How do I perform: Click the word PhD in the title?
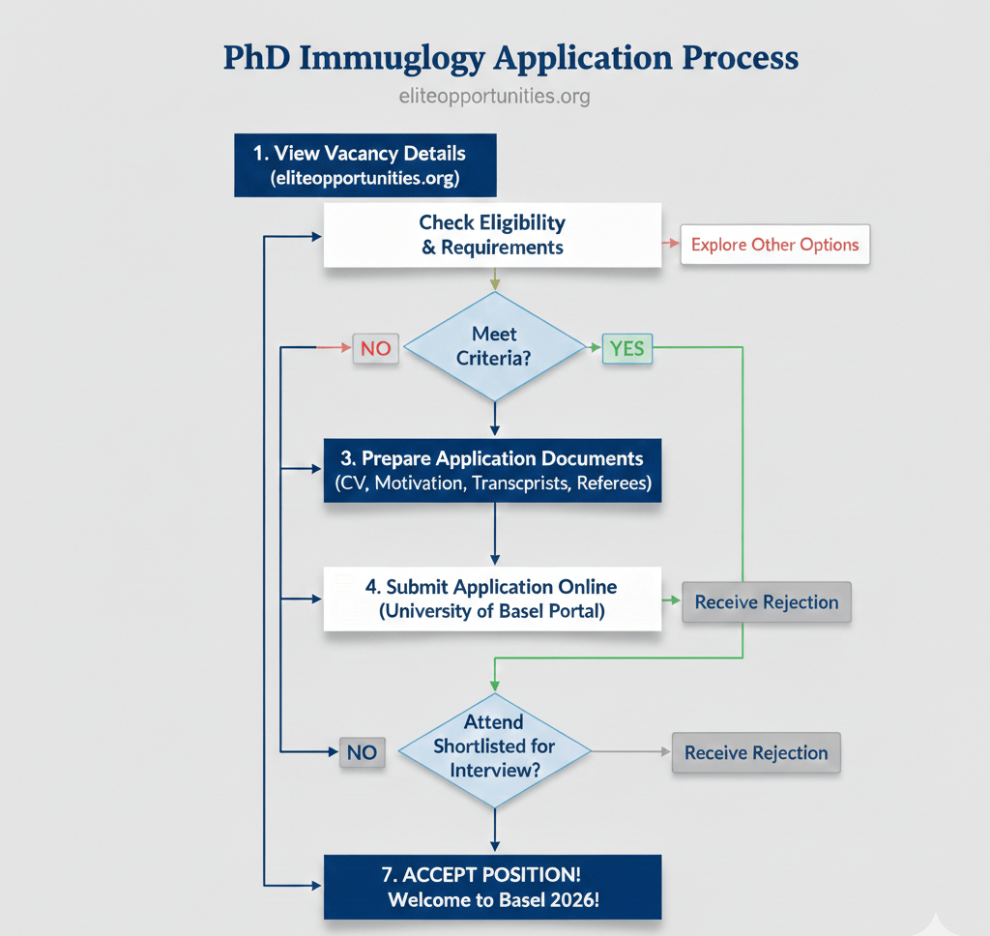(x=256, y=58)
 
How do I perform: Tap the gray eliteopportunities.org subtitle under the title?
(x=494, y=97)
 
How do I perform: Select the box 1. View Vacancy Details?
(x=364, y=165)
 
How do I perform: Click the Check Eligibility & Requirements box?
(x=492, y=235)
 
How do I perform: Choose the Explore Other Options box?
(x=774, y=245)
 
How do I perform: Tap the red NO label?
(x=375, y=348)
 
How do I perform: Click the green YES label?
(x=627, y=348)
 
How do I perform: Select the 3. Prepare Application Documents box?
(x=492, y=470)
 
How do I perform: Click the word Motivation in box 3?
(x=419, y=483)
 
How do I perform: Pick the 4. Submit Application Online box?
(x=492, y=600)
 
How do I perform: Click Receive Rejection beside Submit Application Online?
(x=767, y=602)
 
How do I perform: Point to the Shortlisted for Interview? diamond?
(x=494, y=747)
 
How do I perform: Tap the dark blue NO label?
(x=362, y=751)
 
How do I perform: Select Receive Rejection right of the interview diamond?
(x=756, y=752)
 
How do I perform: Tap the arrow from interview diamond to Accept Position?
(x=495, y=830)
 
